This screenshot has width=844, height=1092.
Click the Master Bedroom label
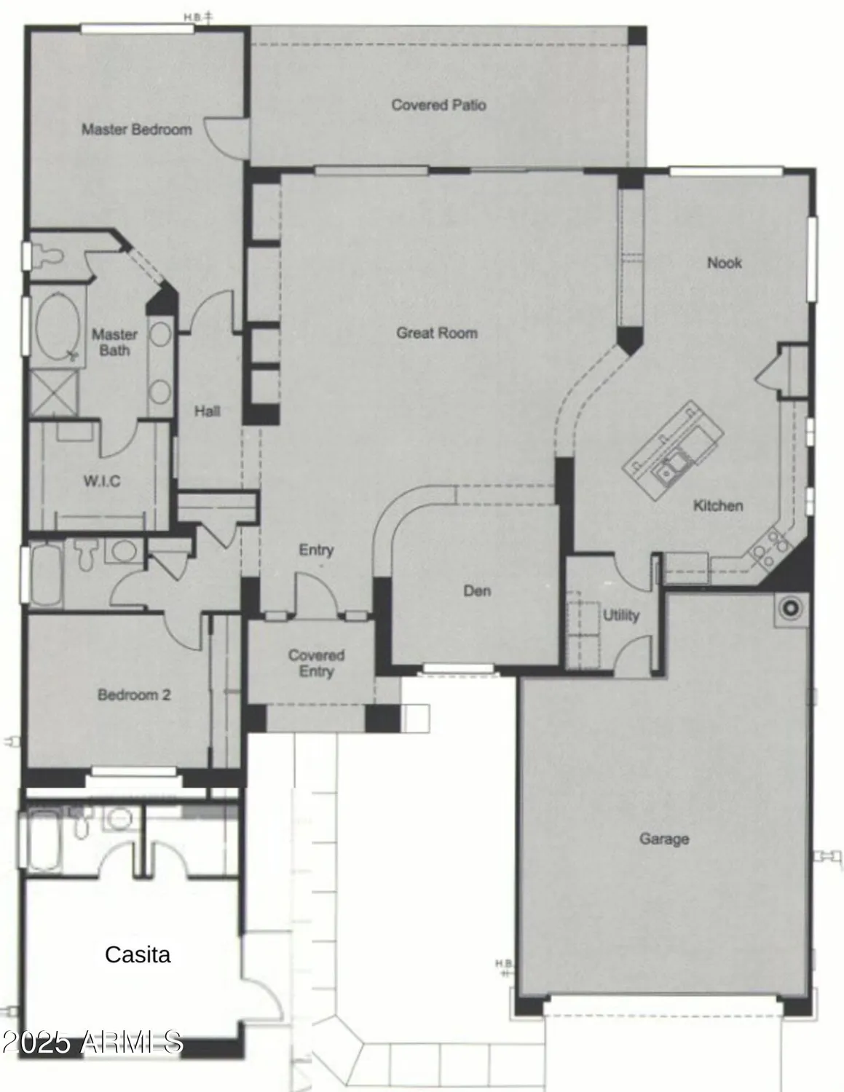coord(137,130)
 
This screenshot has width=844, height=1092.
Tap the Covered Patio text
coord(438,105)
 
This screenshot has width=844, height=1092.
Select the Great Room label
coord(437,333)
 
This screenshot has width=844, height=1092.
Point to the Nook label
coord(724,263)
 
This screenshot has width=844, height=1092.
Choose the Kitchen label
coord(717,505)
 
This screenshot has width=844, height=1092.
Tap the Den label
coord(477,590)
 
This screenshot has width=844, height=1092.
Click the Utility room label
coord(620,615)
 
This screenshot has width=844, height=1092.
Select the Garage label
coord(664,839)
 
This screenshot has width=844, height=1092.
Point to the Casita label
coord(138,954)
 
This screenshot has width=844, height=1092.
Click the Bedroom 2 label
coord(134,695)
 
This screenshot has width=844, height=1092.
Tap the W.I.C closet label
coord(102,481)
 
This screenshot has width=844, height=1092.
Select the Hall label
coord(207,411)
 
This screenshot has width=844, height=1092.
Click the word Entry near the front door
coord(316,550)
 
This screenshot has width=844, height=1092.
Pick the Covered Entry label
coord(316,662)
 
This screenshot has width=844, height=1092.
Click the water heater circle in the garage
coord(789,606)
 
